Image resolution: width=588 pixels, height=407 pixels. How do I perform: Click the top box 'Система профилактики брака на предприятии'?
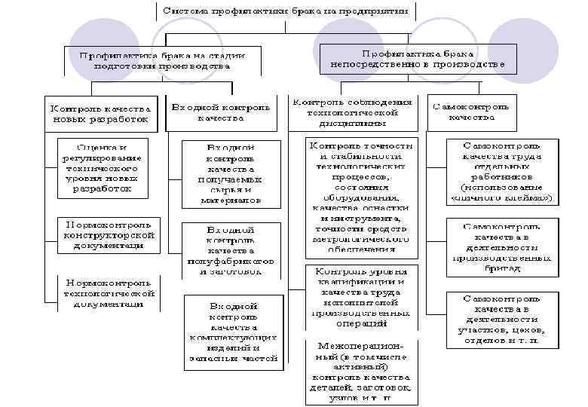(x=285, y=11)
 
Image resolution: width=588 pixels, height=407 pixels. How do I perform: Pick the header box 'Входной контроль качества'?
(x=220, y=113)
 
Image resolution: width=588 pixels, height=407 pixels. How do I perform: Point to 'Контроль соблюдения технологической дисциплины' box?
(x=352, y=112)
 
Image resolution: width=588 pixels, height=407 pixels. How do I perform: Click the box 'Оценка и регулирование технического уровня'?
(x=102, y=168)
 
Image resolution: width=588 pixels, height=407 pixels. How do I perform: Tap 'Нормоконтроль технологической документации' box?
(x=109, y=293)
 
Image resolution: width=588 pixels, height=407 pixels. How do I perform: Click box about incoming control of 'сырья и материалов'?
(x=230, y=174)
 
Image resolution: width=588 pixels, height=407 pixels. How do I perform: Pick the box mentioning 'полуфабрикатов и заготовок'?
(x=230, y=249)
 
